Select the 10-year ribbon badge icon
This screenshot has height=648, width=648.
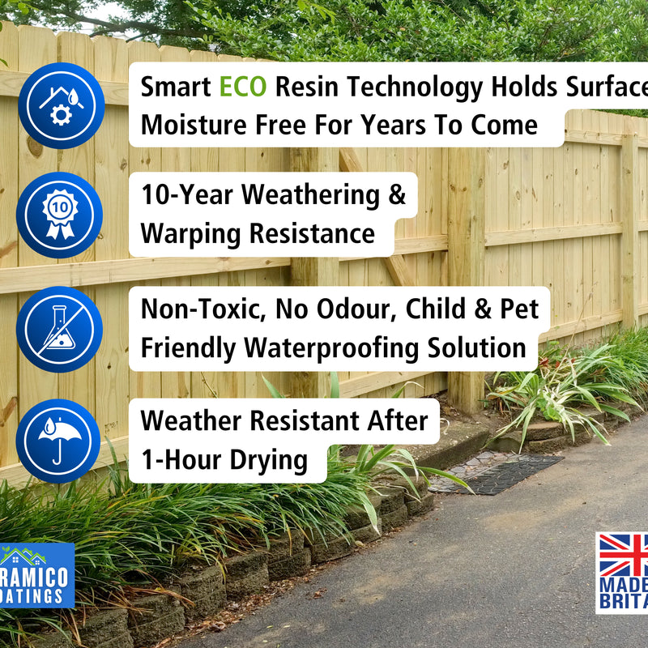click(60, 215)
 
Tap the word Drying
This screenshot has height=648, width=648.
click(268, 460)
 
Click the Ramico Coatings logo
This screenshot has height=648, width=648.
click(36, 575)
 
